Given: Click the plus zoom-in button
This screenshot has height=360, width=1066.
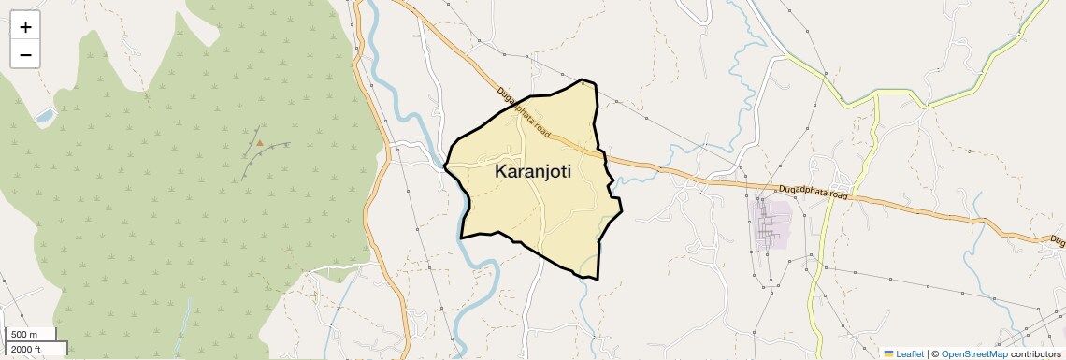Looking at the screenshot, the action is pyautogui.click(x=25, y=26).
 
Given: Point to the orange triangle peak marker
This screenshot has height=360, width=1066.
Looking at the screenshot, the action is pyautogui.click(x=260, y=143).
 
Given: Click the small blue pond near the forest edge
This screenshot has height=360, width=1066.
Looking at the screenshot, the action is pyautogui.click(x=44, y=116).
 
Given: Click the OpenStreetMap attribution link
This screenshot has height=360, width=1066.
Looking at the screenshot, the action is pyautogui.click(x=973, y=353).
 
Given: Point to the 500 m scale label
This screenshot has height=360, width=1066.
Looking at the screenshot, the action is pyautogui.click(x=24, y=335).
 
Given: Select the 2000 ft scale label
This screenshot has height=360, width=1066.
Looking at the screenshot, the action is pyautogui.click(x=26, y=349).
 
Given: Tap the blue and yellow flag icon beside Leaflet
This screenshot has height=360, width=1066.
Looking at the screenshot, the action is pyautogui.click(x=888, y=353).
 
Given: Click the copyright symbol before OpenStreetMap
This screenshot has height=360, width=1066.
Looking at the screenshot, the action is pyautogui.click(x=935, y=353).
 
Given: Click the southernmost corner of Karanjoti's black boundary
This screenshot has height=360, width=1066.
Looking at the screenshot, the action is pyautogui.click(x=597, y=279).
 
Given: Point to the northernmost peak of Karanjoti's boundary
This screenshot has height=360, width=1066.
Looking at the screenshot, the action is pyautogui.click(x=584, y=80).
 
